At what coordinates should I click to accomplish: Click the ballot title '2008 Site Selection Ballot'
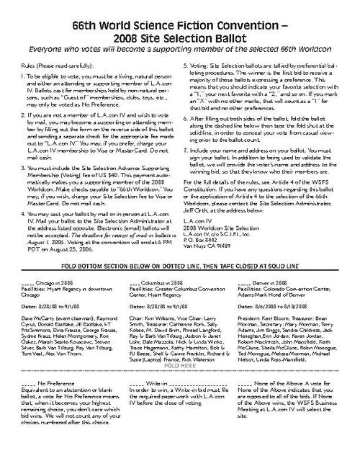coord(181,33)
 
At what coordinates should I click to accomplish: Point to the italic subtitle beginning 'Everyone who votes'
coord(181,48)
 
